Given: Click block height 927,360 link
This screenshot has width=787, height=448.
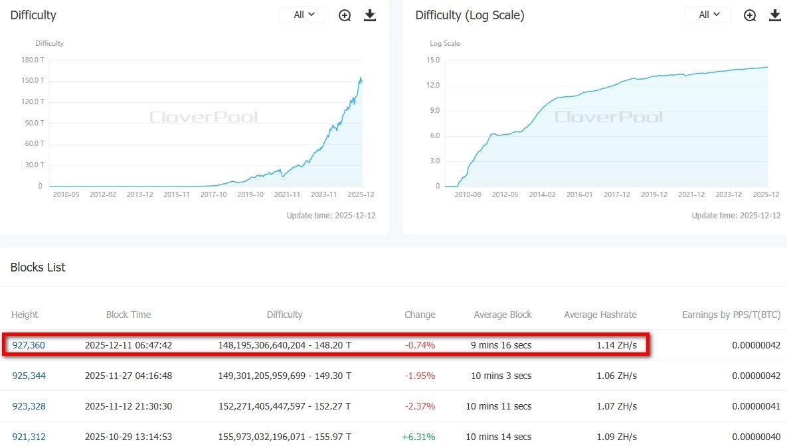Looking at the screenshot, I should (x=29, y=345).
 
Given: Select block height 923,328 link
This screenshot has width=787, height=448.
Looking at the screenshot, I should (x=29, y=406).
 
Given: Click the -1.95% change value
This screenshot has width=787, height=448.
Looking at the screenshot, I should (x=420, y=376).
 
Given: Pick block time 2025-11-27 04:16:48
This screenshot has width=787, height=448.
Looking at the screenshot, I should (x=128, y=376).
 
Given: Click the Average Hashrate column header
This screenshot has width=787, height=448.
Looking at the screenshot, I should (x=600, y=315).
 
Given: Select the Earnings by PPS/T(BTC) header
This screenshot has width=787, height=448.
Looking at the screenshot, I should (x=731, y=315).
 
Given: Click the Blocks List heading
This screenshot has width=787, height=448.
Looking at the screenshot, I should (x=38, y=267).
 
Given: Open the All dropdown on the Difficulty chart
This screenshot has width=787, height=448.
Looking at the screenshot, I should (x=303, y=15).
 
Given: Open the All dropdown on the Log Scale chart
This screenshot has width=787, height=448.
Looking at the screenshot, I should (x=707, y=15).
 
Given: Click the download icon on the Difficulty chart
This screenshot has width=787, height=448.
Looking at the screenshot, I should (x=370, y=15).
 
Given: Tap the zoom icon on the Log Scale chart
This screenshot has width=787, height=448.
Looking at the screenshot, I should (x=750, y=15).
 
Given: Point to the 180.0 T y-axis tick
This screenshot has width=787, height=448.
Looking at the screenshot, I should (x=33, y=60).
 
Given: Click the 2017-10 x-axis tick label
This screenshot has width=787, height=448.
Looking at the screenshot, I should (x=214, y=194).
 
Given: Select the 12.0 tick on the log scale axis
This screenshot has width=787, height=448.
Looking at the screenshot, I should (x=433, y=86).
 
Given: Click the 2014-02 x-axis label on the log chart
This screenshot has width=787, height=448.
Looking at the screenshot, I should (x=542, y=194).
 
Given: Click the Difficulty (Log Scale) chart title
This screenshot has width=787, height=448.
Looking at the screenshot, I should (x=470, y=15).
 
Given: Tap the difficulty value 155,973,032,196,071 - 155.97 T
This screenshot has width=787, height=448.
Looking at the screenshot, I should (x=284, y=437).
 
